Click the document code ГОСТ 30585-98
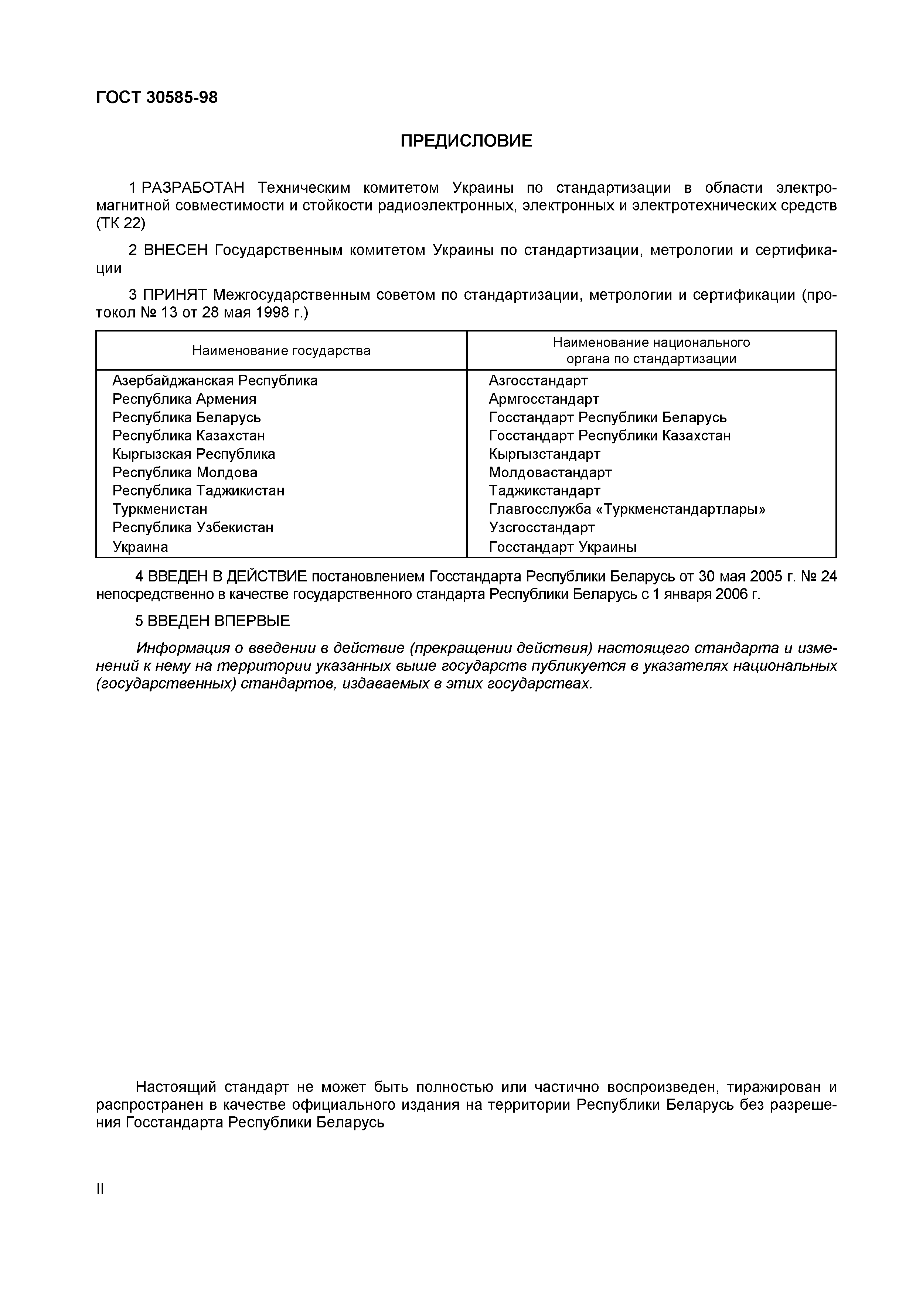pyautogui.click(x=156, y=97)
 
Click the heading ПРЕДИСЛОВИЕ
pyautogui.click(x=466, y=140)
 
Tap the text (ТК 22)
pyautogui.click(x=121, y=223)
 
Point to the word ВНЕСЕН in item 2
pyautogui.click(x=176, y=250)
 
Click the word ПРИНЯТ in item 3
pyautogui.click(x=175, y=295)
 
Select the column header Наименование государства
pyautogui.click(x=281, y=351)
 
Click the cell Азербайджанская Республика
pyautogui.click(x=214, y=381)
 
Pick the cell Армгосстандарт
pyautogui.click(x=544, y=399)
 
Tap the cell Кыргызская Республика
pyautogui.click(x=194, y=454)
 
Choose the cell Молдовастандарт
pyautogui.click(x=550, y=473)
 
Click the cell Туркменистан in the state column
pyautogui.click(x=160, y=509)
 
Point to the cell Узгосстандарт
pyautogui.click(x=541, y=528)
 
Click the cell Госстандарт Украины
pyautogui.click(x=562, y=547)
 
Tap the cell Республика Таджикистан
pyautogui.click(x=198, y=491)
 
